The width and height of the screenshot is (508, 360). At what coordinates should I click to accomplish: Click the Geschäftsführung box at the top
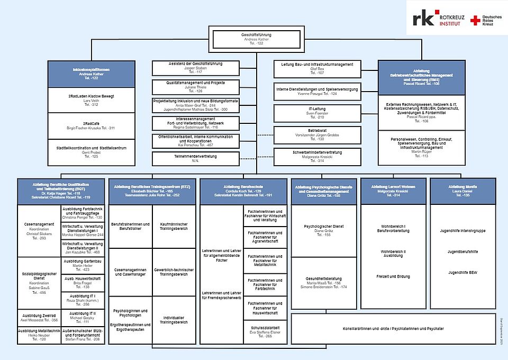pyautogui.click(x=257, y=39)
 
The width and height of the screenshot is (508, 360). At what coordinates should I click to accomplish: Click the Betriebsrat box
pyautogui.click(x=317, y=133)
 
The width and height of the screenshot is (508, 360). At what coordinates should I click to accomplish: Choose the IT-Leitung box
pyautogui.click(x=317, y=113)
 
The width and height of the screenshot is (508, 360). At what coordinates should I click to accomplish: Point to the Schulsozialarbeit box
pyautogui.click(x=265, y=331)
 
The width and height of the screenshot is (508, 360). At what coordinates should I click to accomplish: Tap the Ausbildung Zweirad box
pyautogui.click(x=40, y=317)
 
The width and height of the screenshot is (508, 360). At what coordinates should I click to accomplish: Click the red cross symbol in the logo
pyautogui.click(x=475, y=21)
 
